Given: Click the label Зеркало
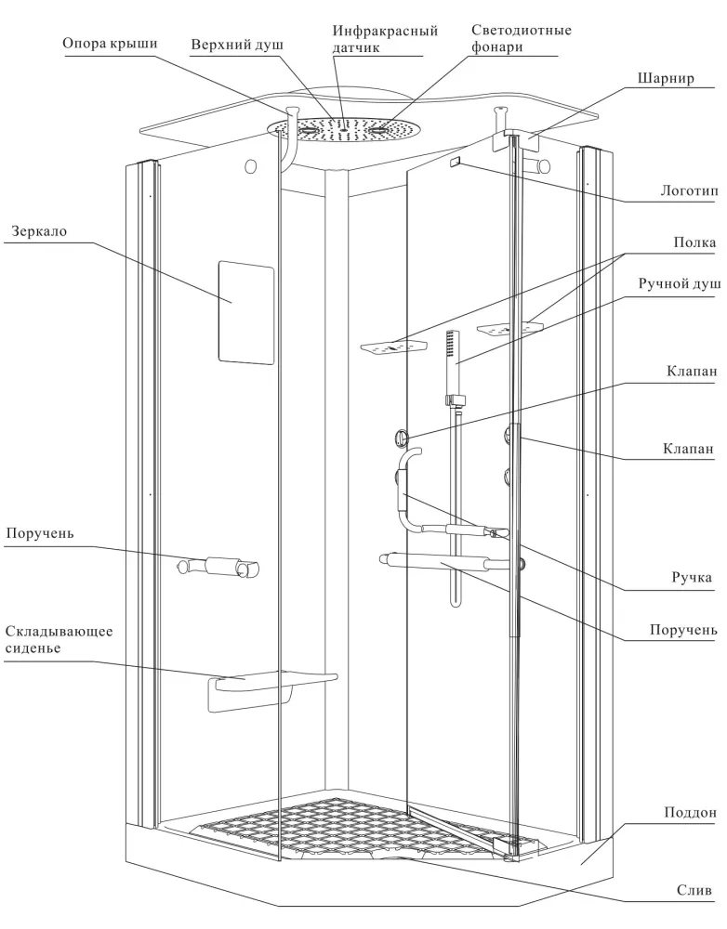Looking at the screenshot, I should (x=40, y=229).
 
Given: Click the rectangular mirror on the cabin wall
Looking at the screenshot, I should (x=245, y=313).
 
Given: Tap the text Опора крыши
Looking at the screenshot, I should (x=111, y=44).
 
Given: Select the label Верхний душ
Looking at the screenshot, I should (x=237, y=45).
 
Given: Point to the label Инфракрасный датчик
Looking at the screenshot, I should (x=385, y=38).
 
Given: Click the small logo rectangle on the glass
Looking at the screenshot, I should (x=455, y=162).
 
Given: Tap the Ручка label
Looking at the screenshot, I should (x=693, y=578).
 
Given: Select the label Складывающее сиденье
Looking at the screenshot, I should (x=59, y=640).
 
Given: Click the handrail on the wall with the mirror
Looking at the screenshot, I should (x=219, y=566).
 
